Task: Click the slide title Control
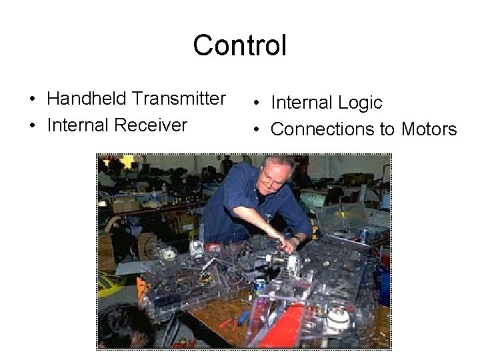(239, 45)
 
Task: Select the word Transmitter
(179, 99)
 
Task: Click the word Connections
(324, 129)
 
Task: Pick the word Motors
(429, 129)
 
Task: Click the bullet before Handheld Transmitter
(33, 100)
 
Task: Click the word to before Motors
(387, 129)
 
